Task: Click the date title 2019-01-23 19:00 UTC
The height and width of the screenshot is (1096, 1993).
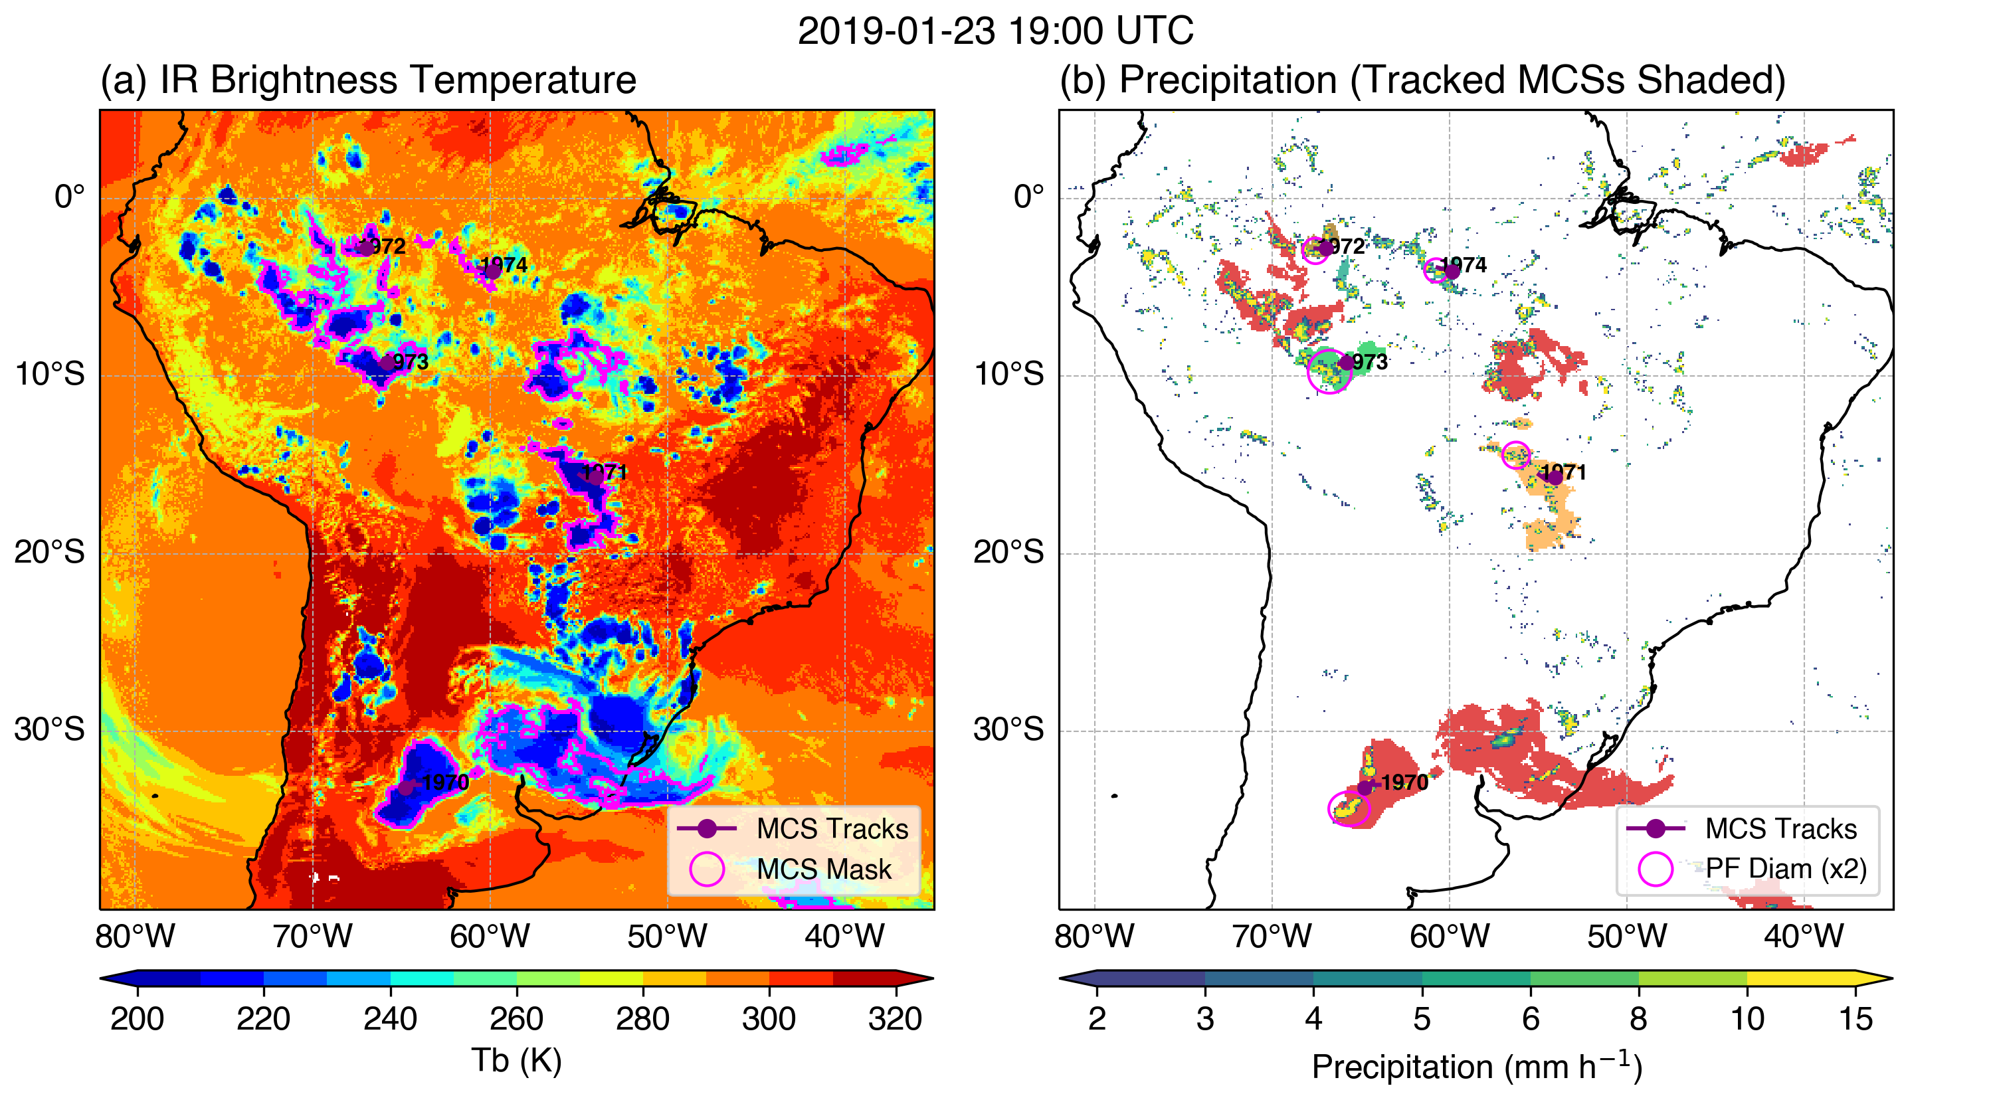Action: coord(996,32)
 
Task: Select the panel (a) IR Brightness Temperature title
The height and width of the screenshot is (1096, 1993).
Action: coord(368,80)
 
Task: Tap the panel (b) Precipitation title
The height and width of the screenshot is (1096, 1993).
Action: coord(1422,80)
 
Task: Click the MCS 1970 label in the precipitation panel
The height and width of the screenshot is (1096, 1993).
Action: coord(1404,782)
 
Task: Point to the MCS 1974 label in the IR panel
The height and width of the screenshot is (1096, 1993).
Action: coord(504,265)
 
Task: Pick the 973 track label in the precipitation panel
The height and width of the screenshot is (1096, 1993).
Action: coord(1369,361)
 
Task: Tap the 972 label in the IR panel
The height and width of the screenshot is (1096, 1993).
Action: coord(384,246)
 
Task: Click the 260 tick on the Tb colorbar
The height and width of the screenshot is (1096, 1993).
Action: coord(516,1019)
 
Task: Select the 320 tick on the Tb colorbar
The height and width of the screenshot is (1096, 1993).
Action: coord(895,1019)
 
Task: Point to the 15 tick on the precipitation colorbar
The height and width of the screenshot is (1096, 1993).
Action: coord(1855,1019)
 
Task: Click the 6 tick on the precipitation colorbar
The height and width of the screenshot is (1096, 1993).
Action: coord(1529,1019)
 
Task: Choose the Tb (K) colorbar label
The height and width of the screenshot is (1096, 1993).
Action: coord(516,1060)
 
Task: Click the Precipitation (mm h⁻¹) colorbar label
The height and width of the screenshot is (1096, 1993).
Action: coord(1476,1067)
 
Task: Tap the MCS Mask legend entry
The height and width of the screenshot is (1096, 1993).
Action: coord(823,869)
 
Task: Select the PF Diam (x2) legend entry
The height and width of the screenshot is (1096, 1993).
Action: coord(1786,869)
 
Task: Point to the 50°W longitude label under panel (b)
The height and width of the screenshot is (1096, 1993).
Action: coord(1626,937)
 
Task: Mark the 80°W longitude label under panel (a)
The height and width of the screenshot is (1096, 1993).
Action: coord(136,937)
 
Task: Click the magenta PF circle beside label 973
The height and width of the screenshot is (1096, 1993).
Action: coord(1329,371)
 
